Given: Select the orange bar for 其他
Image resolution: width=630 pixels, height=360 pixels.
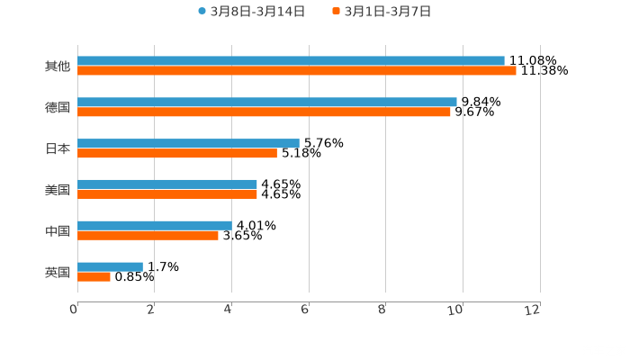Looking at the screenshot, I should pyautogui.click(x=297, y=70).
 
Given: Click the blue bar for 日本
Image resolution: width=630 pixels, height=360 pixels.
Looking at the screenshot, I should pyautogui.click(x=188, y=143).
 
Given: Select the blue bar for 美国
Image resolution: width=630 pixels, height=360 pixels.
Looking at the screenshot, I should pyautogui.click(x=167, y=184).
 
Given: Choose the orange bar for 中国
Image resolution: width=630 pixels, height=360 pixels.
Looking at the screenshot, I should pyautogui.click(x=148, y=235).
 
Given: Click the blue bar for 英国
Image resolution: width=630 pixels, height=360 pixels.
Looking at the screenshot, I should pyautogui.click(x=110, y=266).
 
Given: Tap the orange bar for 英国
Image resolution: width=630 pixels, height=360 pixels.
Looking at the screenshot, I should pyautogui.click(x=94, y=276).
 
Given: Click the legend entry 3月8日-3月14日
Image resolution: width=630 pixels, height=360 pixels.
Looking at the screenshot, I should pyautogui.click(x=251, y=12).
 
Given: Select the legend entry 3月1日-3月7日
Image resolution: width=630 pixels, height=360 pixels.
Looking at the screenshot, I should pyautogui.click(x=382, y=12).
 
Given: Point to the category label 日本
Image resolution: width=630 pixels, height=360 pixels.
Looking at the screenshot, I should pyautogui.click(x=58, y=148).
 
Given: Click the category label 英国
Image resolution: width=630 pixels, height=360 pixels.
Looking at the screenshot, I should pyautogui.click(x=58, y=272).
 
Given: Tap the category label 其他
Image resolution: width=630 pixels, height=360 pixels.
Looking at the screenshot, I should pyautogui.click(x=58, y=67).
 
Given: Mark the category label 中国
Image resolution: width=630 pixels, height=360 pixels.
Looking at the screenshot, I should pyautogui.click(x=58, y=231).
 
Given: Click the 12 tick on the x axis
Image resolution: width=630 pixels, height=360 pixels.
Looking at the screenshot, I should pyautogui.click(x=535, y=310).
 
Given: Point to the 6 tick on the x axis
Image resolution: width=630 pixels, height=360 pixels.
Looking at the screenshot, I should pyautogui.click(x=306, y=310).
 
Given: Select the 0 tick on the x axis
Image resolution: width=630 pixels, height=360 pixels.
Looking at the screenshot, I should pyautogui.click(x=74, y=310).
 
